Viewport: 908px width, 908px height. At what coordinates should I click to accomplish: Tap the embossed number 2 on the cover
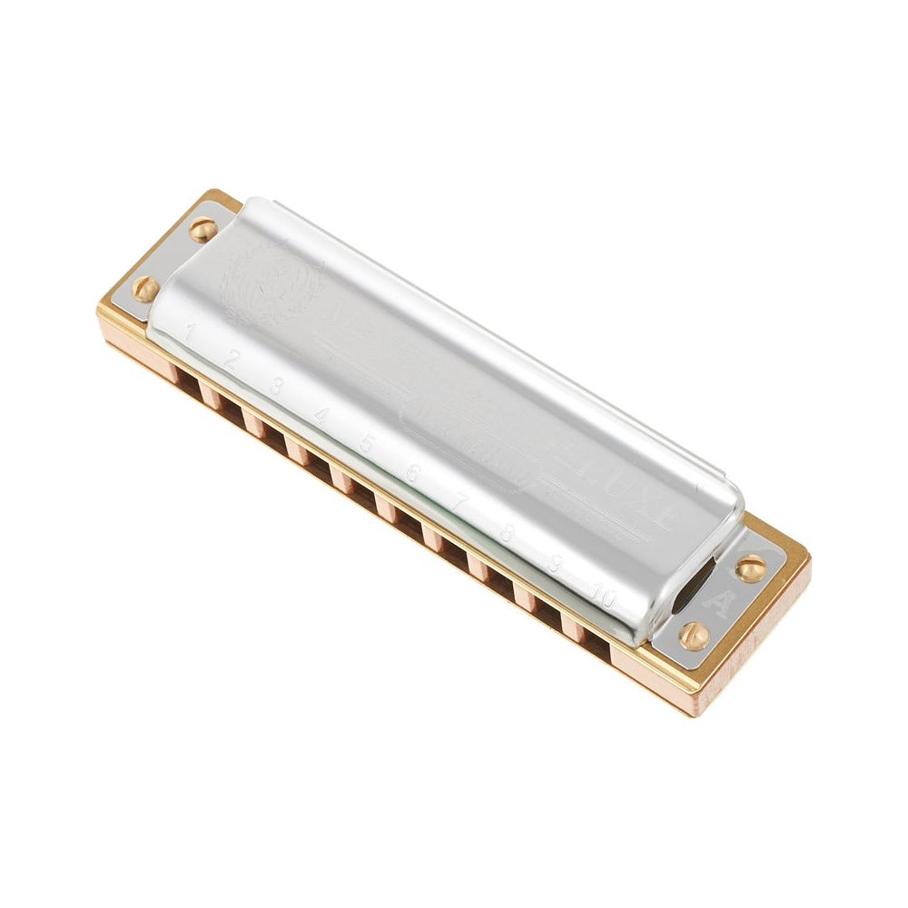232,360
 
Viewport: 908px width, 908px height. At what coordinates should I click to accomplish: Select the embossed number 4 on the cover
321,416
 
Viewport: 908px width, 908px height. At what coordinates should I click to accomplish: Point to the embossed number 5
367,444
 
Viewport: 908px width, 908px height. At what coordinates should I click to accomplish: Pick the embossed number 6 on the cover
413,474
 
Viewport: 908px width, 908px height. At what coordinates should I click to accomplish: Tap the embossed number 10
604,597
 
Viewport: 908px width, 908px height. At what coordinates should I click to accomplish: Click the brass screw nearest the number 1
145,289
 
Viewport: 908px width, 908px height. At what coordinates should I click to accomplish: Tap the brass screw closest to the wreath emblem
203,230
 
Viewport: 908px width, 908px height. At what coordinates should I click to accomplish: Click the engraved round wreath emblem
272,277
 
